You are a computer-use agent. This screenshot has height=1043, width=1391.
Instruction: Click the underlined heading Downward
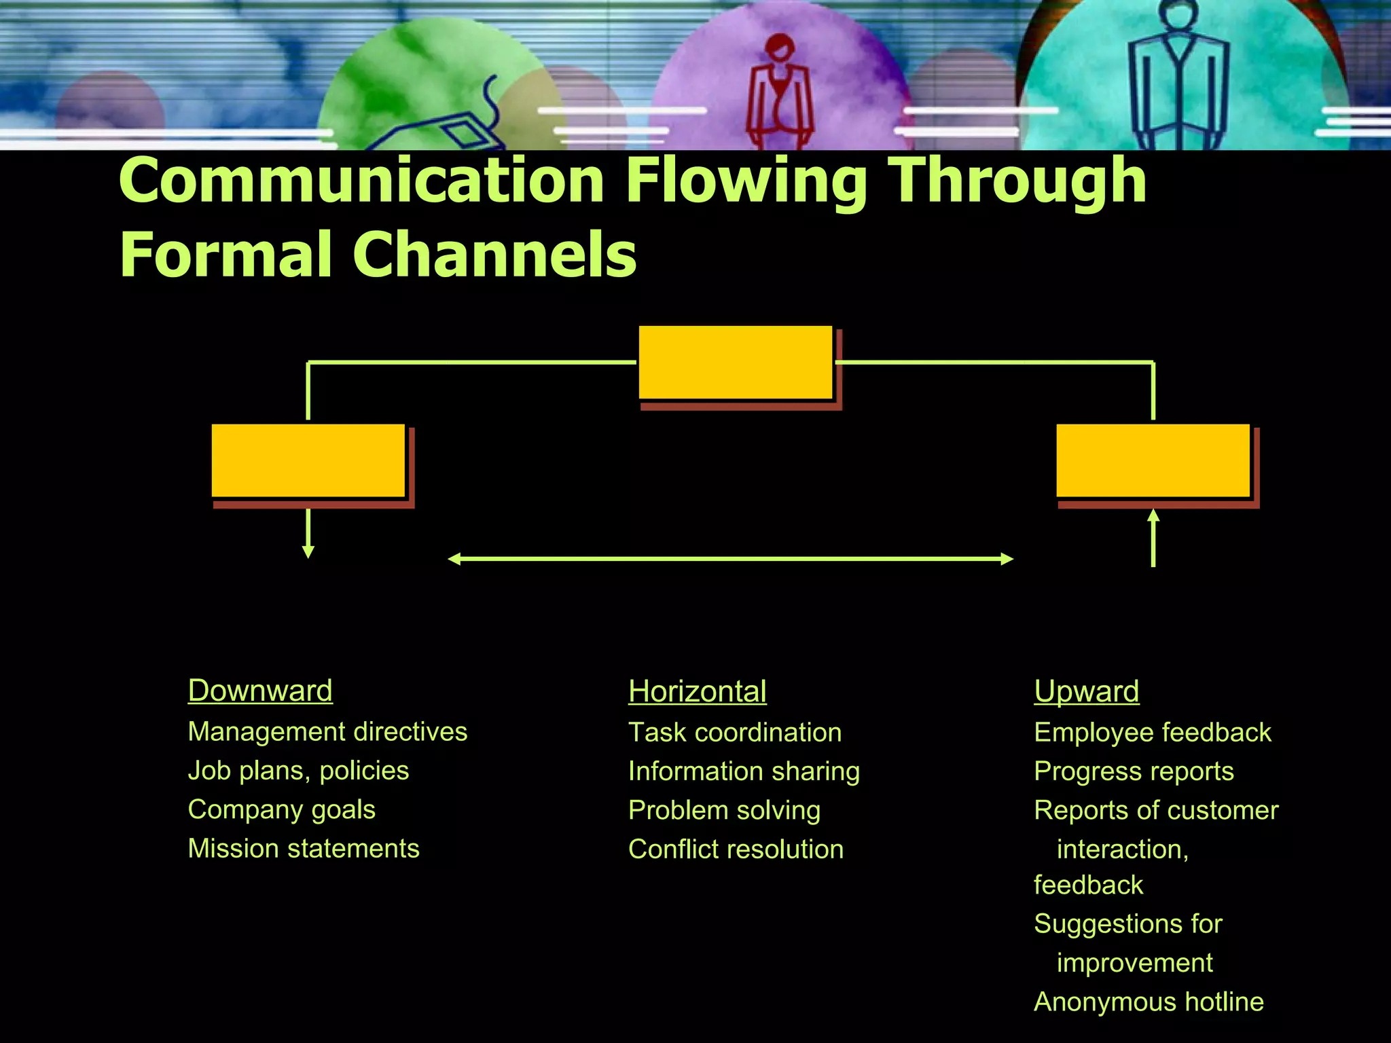(260, 691)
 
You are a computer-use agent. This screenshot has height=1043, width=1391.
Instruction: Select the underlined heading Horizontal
(697, 692)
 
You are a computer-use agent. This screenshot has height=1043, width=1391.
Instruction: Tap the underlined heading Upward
(1086, 692)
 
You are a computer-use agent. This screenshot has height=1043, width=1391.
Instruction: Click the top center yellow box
(736, 363)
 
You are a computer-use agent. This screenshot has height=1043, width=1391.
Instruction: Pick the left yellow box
(308, 460)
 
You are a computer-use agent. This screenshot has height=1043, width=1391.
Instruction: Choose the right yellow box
(1153, 460)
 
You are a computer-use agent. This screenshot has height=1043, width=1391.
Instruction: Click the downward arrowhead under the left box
(308, 551)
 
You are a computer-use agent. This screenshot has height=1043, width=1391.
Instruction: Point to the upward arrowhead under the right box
(1153, 515)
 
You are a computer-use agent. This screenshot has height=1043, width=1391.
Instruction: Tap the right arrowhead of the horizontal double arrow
(1007, 559)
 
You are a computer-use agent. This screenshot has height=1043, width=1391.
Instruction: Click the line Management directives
(327, 732)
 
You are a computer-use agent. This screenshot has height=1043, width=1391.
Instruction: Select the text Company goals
(281, 809)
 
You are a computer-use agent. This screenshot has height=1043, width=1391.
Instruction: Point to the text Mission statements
(304, 849)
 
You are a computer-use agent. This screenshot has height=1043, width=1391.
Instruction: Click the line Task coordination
(735, 733)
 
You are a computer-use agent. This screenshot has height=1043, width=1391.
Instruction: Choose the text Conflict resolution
(736, 849)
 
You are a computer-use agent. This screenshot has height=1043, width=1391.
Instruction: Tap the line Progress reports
(1134, 771)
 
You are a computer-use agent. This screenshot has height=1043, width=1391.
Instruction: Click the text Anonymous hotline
(1149, 1002)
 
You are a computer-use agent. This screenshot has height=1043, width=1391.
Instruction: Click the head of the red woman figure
(780, 49)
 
